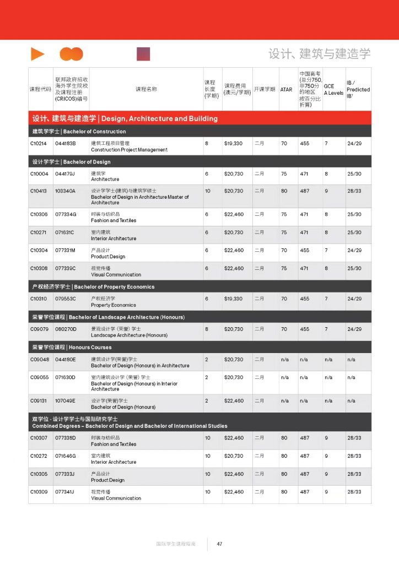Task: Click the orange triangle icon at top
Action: [x=37, y=54]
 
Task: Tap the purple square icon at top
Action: [x=143, y=54]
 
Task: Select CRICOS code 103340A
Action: [x=65, y=191]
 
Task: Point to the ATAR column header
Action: [x=286, y=89]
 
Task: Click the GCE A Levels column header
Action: [x=333, y=89]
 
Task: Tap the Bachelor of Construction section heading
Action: [x=79, y=132]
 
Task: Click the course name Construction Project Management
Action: [x=129, y=150]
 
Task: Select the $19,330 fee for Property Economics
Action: [x=233, y=299]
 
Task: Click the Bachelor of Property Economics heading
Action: [x=93, y=287]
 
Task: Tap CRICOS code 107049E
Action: [x=65, y=401]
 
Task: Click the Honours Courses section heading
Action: [x=72, y=348]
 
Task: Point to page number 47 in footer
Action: [x=219, y=544]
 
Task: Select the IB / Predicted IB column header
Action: [x=358, y=89]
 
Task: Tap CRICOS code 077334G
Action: [x=65, y=214]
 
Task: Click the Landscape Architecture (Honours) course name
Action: [x=129, y=335]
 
